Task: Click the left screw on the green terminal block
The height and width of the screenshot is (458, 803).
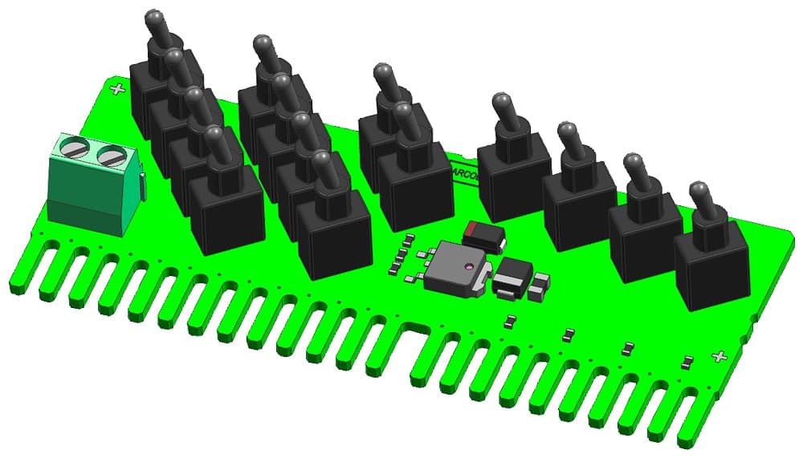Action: (x=75, y=148)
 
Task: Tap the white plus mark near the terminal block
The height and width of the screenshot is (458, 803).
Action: (x=118, y=89)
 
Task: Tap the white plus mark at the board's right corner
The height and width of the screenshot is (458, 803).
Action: (x=719, y=356)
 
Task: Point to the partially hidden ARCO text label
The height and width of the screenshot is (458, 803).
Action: (x=465, y=172)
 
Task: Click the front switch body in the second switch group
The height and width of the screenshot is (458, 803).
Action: (x=333, y=237)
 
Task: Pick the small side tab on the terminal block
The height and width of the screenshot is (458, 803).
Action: (x=141, y=186)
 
